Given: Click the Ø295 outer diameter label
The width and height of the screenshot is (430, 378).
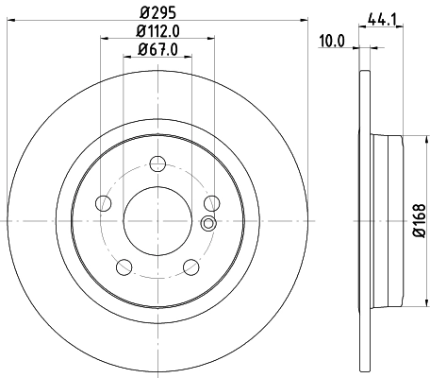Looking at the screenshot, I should tap(158, 13).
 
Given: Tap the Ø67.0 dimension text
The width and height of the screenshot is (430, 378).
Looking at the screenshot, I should tap(158, 49).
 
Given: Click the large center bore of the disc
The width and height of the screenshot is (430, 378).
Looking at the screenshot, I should tap(158, 219).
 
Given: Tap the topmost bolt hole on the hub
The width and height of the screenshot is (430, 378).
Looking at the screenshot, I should tap(158, 163).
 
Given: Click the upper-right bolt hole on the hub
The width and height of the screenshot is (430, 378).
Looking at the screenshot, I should tap(212, 202).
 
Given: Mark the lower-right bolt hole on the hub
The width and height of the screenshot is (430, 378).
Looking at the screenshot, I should tap(191, 266).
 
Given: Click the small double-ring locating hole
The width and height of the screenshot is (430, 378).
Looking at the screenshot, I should tap(208, 224).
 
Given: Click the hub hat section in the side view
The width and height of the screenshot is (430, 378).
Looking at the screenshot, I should tap(387, 219).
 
